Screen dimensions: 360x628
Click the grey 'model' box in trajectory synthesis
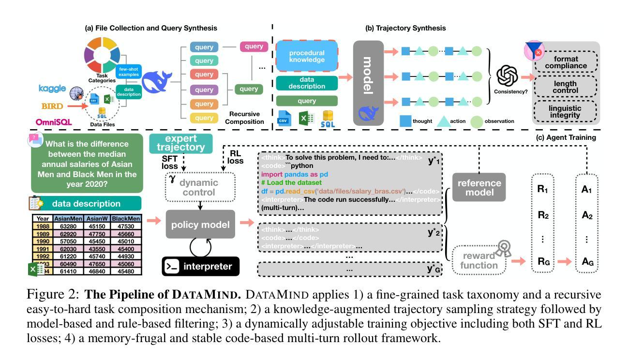pos(368,83)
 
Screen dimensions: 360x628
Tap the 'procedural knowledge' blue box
pos(307,56)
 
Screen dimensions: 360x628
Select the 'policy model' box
pos(200,224)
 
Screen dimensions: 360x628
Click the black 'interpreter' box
pos(200,266)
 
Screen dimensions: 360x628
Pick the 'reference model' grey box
pos(479,187)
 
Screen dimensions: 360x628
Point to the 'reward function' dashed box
pos(479,260)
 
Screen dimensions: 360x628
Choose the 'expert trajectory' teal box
pos(181,143)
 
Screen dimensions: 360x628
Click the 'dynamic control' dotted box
pos(200,187)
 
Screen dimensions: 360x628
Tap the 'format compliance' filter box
pos(565,62)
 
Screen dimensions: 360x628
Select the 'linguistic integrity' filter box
pos(565,112)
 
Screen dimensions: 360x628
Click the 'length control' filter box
pos(565,87)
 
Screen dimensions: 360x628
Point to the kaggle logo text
pos(52,89)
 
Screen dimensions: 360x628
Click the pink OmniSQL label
pos(54,122)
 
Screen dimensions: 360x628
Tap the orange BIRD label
pos(52,105)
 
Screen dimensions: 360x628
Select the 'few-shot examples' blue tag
pos(129,72)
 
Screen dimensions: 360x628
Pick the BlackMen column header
pos(126,218)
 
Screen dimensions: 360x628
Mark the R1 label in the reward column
pos(543,189)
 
